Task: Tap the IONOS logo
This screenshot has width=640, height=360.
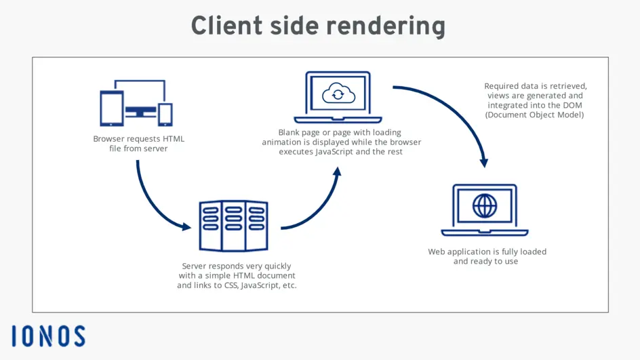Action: coord(48,336)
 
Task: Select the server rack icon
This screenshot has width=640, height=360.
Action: coord(233,226)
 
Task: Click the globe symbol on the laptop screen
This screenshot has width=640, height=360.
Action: coord(484,205)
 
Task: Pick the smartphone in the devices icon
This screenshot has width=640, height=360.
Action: coord(165,114)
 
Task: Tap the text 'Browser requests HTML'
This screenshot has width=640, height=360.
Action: coord(138,139)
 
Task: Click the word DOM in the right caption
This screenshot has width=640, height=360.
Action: coord(574,105)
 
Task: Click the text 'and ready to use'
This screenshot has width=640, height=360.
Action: coord(485,261)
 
